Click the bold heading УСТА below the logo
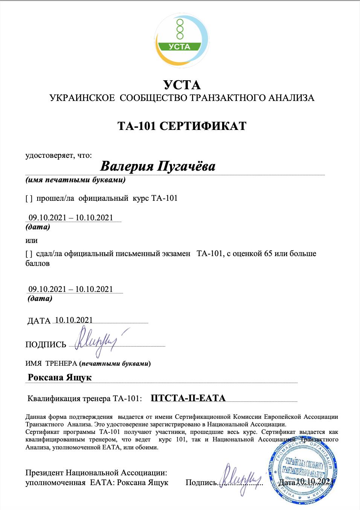[x=182, y=85]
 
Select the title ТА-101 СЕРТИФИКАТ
[x=182, y=125]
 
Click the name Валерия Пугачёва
[x=158, y=166]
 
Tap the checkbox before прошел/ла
[x=29, y=198]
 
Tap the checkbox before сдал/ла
[x=29, y=253]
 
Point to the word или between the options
[x=31, y=240]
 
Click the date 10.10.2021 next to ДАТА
[x=74, y=320]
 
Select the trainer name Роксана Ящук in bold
[x=59, y=377]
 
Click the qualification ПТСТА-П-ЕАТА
[x=188, y=398]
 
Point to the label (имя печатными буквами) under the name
[x=75, y=180]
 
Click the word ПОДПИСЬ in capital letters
[x=46, y=345]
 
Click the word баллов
[x=37, y=263]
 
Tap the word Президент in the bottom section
[x=44, y=473]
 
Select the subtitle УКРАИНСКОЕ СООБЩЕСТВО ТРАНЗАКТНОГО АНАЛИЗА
[x=182, y=98]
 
